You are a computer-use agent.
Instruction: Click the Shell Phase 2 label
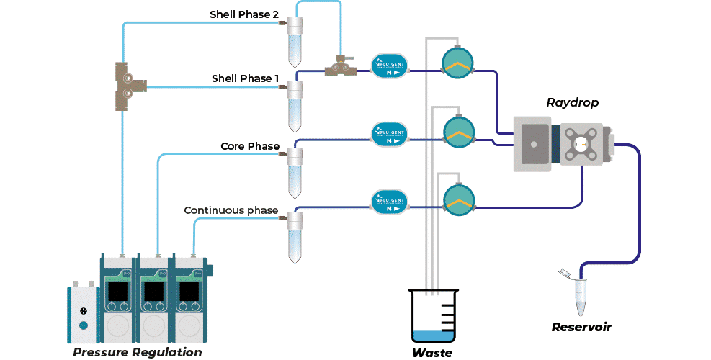click(243, 14)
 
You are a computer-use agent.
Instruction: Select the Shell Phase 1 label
click(245, 78)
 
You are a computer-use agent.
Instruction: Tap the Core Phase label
click(249, 147)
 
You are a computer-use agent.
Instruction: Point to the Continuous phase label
click(231, 210)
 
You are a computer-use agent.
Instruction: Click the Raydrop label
click(573, 102)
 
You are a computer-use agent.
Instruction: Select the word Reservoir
click(581, 327)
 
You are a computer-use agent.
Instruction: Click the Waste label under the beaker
click(432, 353)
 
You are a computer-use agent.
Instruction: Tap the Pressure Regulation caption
click(137, 352)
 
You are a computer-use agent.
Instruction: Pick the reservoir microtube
click(578, 292)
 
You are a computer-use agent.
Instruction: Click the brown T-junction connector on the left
click(129, 86)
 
